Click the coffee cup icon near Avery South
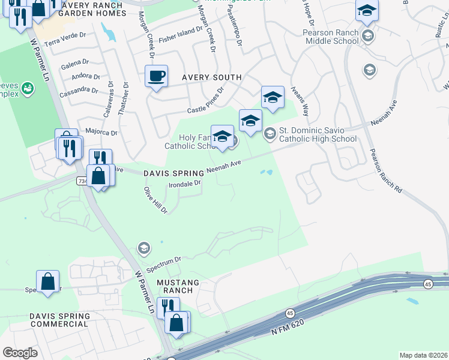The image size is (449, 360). coord(156,76)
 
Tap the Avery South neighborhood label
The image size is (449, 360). coord(212,77)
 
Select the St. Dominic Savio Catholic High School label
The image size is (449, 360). coord(318,134)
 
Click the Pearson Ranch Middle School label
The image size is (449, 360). coord(332,37)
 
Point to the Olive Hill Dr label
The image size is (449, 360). coord(155,200)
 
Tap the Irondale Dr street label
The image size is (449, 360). coord(184,184)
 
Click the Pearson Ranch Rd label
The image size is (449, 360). coord(385,170)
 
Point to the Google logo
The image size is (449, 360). coord(20,352)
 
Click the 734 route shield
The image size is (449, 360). coord(82,179)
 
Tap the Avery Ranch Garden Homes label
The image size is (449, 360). coord(85,9)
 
